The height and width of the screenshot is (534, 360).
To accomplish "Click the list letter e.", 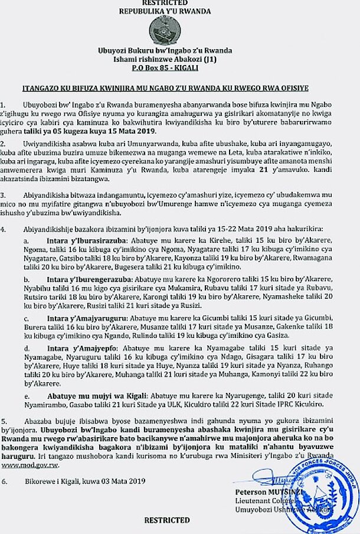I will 25,395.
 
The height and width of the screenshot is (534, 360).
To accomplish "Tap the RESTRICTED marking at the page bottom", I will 168,520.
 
